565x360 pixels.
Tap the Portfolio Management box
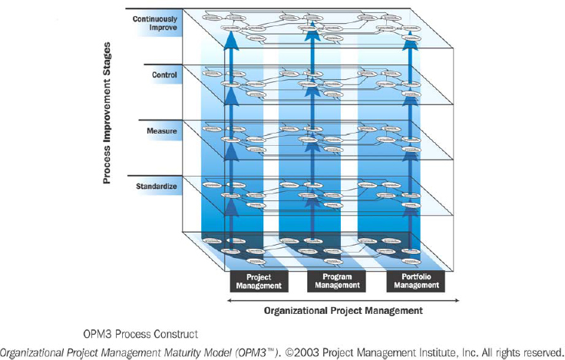pyautogui.click(x=414, y=281)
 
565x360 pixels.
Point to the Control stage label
pyautogui.click(x=164, y=75)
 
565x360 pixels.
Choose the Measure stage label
pyautogui.click(x=162, y=131)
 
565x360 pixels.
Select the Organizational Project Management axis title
pyautogui.click(x=343, y=311)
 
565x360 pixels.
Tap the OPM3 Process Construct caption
pyautogui.click(x=141, y=334)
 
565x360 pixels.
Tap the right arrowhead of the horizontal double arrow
pyautogui.click(x=456, y=301)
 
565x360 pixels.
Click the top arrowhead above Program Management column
pyautogui.click(x=311, y=31)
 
